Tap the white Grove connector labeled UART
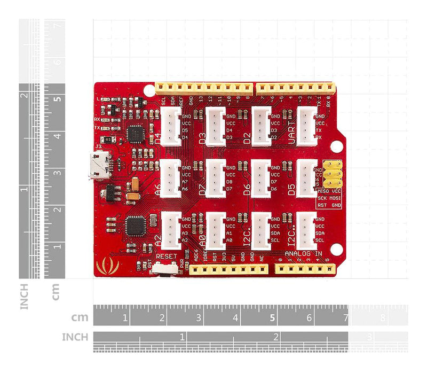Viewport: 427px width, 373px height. [x=306, y=126]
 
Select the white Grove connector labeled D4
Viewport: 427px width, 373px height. [x=171, y=126]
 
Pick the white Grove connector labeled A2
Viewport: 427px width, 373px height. [x=171, y=230]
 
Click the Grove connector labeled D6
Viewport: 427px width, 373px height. [x=261, y=178]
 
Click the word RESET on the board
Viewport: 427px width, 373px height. [x=166, y=257]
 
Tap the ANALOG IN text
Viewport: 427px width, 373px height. [x=304, y=254]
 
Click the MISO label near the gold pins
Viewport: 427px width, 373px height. [x=323, y=191]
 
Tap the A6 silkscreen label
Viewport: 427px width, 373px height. [x=157, y=189]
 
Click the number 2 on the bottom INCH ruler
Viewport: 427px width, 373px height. [x=276, y=337]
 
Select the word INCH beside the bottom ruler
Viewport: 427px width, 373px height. [x=75, y=337]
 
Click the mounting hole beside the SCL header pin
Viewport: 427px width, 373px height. [x=149, y=90]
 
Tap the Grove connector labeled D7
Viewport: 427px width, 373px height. [x=216, y=178]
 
